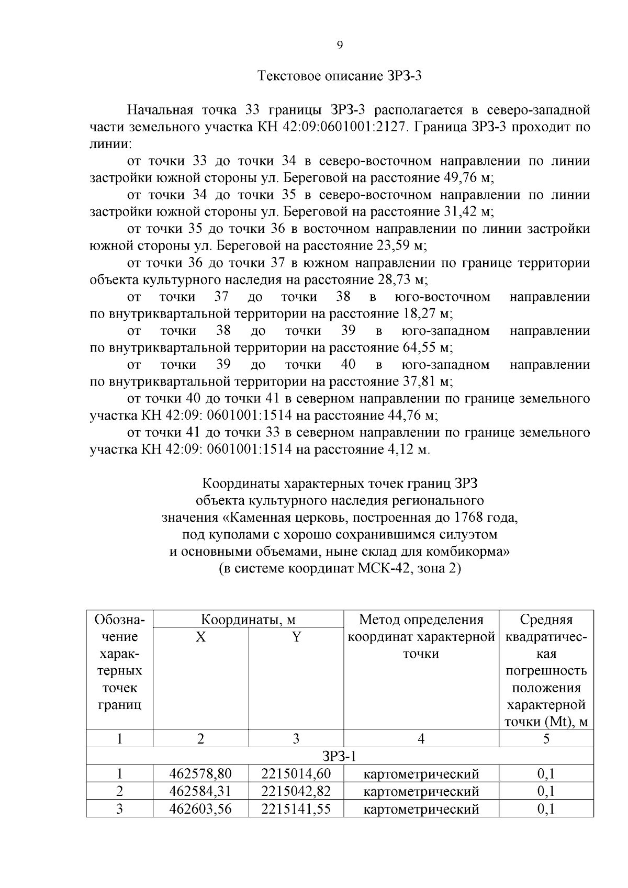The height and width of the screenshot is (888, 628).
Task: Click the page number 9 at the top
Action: click(339, 46)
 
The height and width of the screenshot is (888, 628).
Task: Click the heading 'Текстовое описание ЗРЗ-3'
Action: click(340, 76)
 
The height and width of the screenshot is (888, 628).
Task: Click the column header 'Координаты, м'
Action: click(248, 620)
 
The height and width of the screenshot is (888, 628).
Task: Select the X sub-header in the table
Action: click(200, 637)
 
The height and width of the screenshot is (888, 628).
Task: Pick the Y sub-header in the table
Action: click(296, 637)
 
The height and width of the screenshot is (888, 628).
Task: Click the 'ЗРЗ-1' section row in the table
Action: click(339, 756)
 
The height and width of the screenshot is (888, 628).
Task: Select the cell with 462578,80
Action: click(200, 773)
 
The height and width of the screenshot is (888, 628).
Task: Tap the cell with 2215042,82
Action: click(296, 791)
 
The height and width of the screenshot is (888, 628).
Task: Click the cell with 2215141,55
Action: click(296, 808)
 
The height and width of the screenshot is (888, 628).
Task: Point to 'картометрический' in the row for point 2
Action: click(421, 791)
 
